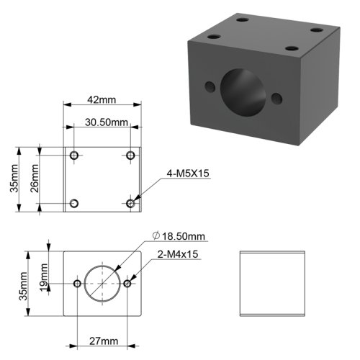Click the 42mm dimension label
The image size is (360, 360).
[102, 99]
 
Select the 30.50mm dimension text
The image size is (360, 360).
[107, 122]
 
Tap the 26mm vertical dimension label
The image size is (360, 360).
[35, 179]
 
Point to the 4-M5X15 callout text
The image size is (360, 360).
[188, 174]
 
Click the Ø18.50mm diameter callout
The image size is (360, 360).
[179, 236]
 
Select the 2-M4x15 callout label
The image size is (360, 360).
[178, 254]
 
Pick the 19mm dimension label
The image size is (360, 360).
[44, 277]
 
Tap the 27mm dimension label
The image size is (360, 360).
[104, 341]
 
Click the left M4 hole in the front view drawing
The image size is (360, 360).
[77, 284]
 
